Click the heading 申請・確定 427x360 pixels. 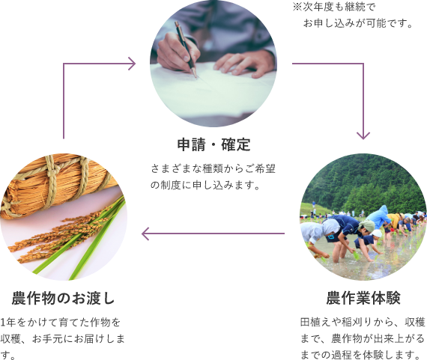[x=213, y=144]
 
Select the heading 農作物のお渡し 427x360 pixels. [x=63, y=298]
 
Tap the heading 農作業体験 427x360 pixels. [x=363, y=298]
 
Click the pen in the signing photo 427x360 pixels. [x=186, y=49]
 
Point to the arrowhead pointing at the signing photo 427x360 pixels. [x=132, y=64]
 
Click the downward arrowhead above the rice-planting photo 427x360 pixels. [x=363, y=135]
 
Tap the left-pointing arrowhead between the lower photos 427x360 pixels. [x=145, y=234]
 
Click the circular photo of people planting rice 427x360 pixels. [x=363, y=217]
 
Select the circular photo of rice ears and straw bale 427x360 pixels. [x=64, y=217]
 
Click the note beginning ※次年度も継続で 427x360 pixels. [x=353, y=15]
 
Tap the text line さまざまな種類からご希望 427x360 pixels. [x=213, y=168]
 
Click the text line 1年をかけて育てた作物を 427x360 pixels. [x=61, y=322]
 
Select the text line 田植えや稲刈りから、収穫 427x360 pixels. [x=363, y=322]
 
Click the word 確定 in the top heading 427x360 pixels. [x=236, y=144]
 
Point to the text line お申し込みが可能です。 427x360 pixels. [x=358, y=23]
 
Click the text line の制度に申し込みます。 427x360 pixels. [x=205, y=185]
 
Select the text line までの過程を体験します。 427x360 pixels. [x=361, y=355]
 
